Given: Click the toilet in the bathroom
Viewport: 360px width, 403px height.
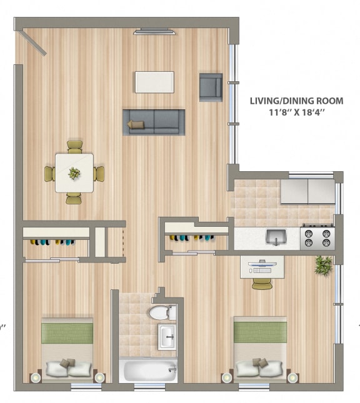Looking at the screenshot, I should point(161,311).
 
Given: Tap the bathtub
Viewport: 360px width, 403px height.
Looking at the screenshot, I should point(149,371).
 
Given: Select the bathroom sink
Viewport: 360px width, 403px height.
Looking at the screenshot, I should point(167,336).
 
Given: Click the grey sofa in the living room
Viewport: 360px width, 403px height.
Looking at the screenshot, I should point(154,121).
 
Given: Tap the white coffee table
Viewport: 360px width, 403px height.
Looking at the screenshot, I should point(154,82).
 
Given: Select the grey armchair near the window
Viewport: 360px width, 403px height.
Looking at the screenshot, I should point(211,87).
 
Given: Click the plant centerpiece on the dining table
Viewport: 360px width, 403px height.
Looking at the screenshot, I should point(74,173).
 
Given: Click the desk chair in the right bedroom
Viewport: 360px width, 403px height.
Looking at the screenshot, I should point(261,284).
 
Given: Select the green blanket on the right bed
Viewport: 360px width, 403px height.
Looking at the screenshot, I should point(260,330).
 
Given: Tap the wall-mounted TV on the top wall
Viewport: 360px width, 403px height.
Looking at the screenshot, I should point(154,31).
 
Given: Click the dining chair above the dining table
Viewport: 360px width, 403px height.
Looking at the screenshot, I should point(74,146).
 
